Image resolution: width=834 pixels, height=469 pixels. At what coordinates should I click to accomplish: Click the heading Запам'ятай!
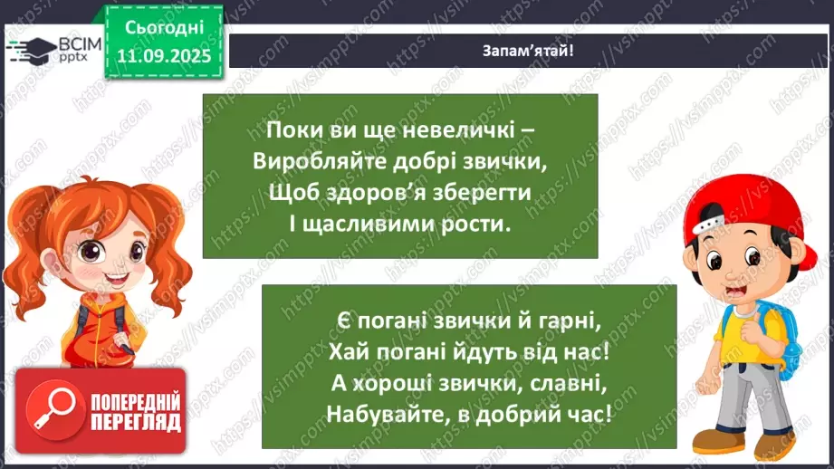528,51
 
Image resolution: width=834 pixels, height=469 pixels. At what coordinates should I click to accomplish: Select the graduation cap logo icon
30,50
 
